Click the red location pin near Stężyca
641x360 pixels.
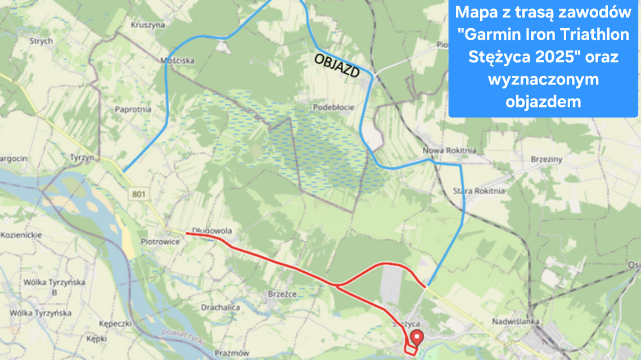[x=417, y=337]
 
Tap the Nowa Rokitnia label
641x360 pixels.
[x=449, y=151]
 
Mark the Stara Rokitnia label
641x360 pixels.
[x=479, y=191]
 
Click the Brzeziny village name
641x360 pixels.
[x=546, y=159]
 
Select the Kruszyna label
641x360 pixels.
[x=147, y=25]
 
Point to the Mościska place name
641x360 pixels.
[x=177, y=60]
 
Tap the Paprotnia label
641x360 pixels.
[x=133, y=109]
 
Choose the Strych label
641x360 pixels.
[x=41, y=40]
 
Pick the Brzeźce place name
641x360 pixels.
[x=282, y=294]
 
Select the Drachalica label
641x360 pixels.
[x=220, y=308]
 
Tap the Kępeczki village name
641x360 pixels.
[x=115, y=325]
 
